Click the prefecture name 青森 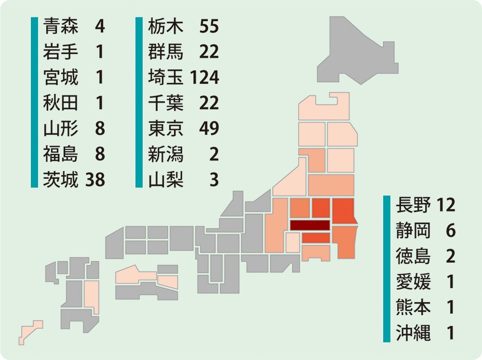point(61,26)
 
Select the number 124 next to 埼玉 point(204,78)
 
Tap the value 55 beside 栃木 point(209,26)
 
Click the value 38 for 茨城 point(95,180)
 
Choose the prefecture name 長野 point(413,205)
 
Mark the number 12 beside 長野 point(446,205)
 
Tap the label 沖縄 point(413,333)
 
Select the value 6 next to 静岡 point(451,231)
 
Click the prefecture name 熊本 point(413,307)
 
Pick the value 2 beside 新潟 point(214,155)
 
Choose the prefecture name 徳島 point(413,256)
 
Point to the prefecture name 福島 point(61,155)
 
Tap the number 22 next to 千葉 point(209,103)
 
